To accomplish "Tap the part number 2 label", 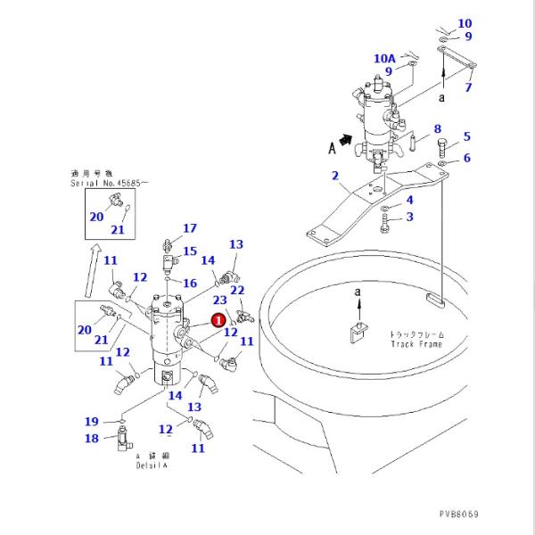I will point(335,176).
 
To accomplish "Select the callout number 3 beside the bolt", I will point(409,217).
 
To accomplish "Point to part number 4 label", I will point(409,200).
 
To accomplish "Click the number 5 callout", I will point(465,136).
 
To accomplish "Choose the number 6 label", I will point(465,158).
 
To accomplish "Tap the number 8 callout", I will point(438,129).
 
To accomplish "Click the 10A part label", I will point(384,58).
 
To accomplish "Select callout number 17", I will point(189,229).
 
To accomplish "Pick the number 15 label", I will point(189,251).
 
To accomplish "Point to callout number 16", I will point(189,283).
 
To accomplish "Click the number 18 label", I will point(91,438).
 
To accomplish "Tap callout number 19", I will point(91,422).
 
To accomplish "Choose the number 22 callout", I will point(237,290).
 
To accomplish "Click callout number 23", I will point(219,301).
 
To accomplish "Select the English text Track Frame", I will point(417,343).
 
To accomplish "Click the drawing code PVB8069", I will point(458,514).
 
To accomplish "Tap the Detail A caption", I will point(152,465).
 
